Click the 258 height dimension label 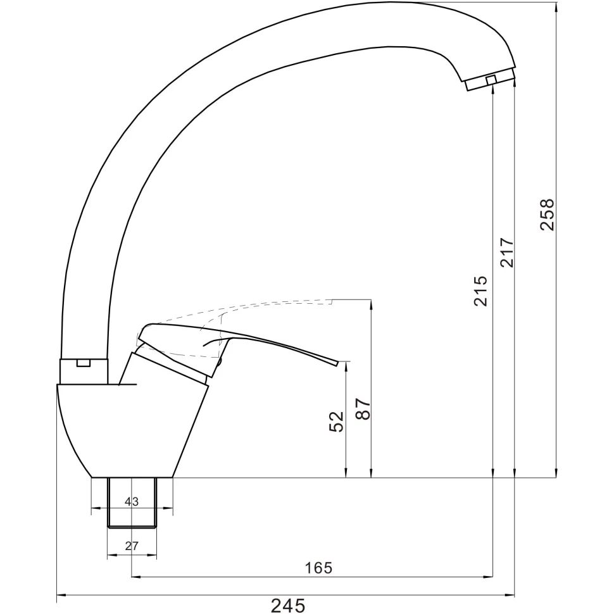pyautogui.click(x=548, y=215)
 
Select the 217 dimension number pyautogui.click(x=506, y=253)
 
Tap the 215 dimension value pyautogui.click(x=480, y=291)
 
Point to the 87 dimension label pyautogui.click(x=363, y=409)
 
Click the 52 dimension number pyautogui.click(x=336, y=422)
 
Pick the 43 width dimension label pyautogui.click(x=132, y=501)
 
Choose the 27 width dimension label pyautogui.click(x=132, y=546)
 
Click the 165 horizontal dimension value pyautogui.click(x=318, y=567)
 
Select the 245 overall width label pyautogui.click(x=288, y=605)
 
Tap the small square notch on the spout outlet pyautogui.click(x=491, y=80)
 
